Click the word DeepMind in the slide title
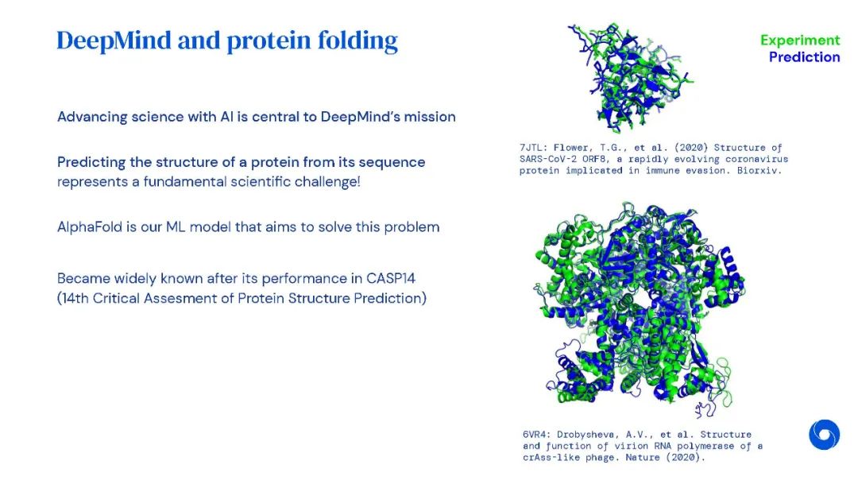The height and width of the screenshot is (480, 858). pos(114,41)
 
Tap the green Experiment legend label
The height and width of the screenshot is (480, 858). pos(800,41)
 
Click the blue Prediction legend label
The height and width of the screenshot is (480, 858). pos(804,57)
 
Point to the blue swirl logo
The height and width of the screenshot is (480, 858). pos(824,435)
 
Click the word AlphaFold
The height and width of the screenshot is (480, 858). pos(89,226)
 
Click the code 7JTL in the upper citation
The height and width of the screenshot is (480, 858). pos(531,148)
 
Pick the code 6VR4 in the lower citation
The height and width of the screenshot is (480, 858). pos(534,435)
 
